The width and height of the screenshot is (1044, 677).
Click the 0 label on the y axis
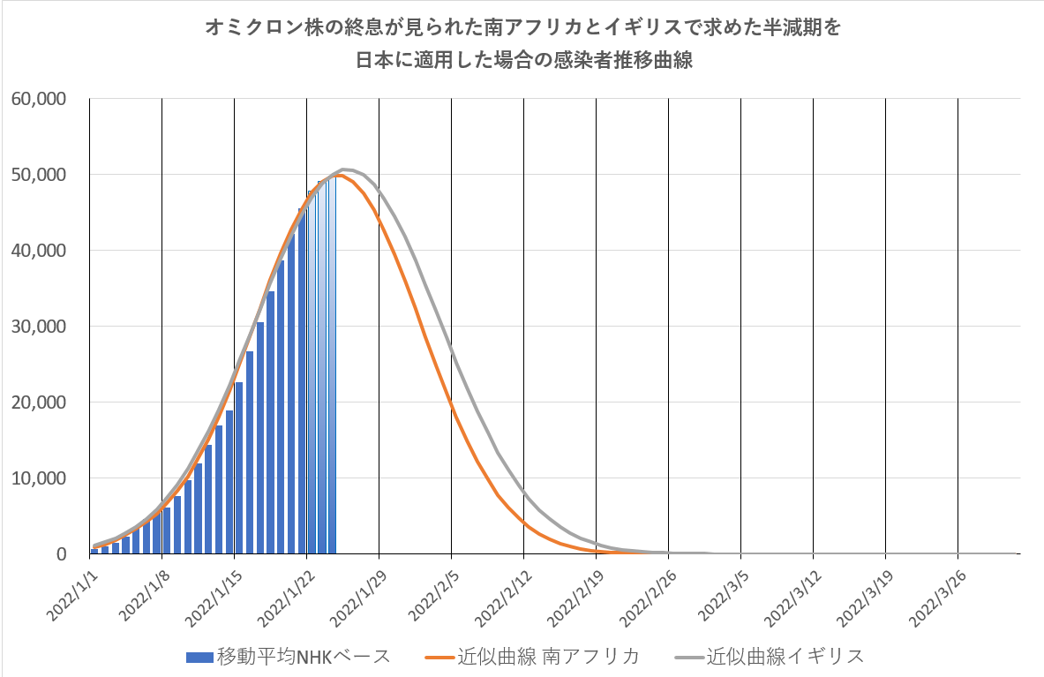tap(60, 554)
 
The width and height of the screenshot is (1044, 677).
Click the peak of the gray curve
tap(344, 169)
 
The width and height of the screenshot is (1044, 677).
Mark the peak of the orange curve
tap(337, 175)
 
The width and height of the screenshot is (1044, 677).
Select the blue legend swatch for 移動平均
tap(199, 657)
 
